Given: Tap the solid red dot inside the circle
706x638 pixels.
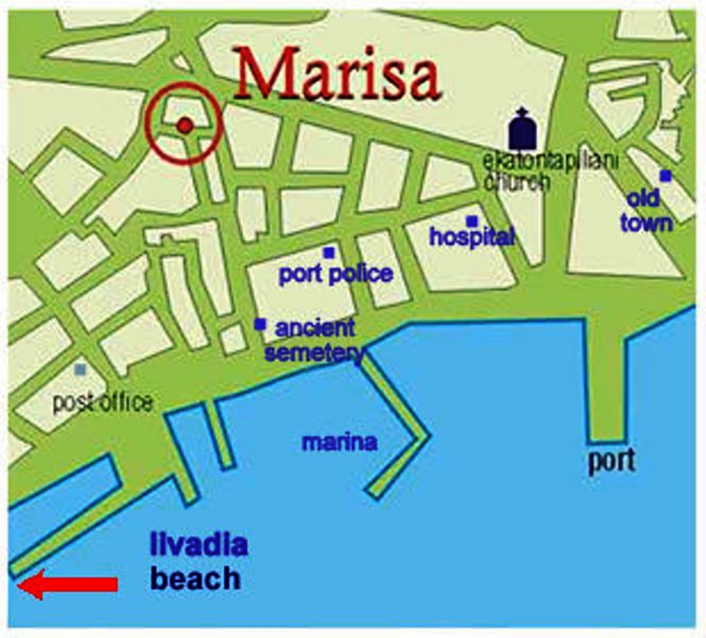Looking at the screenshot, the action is click(x=185, y=125).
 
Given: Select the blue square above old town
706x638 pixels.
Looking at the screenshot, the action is click(x=665, y=176).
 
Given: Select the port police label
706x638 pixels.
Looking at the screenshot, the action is click(x=336, y=274).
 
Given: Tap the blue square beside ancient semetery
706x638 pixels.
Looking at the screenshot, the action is click(x=260, y=324).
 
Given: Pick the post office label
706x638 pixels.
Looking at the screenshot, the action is click(x=103, y=403).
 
